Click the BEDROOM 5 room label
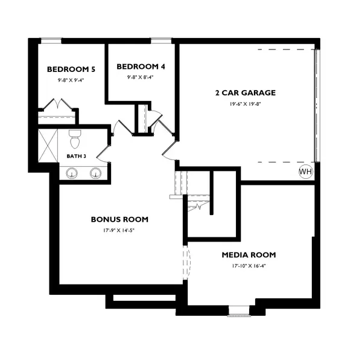tap(67, 69)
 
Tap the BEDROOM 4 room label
tap(140, 66)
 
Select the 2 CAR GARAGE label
tap(246, 93)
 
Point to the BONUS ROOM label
tap(119, 219)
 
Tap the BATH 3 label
tap(77, 156)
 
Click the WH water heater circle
tap(306, 172)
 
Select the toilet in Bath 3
tap(75, 140)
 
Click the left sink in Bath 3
tap(72, 174)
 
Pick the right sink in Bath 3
tap(95, 174)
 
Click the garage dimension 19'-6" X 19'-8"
tap(246, 104)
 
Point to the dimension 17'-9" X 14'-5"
tap(119, 230)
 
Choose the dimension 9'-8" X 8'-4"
tap(140, 77)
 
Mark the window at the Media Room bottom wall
tap(238, 312)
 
